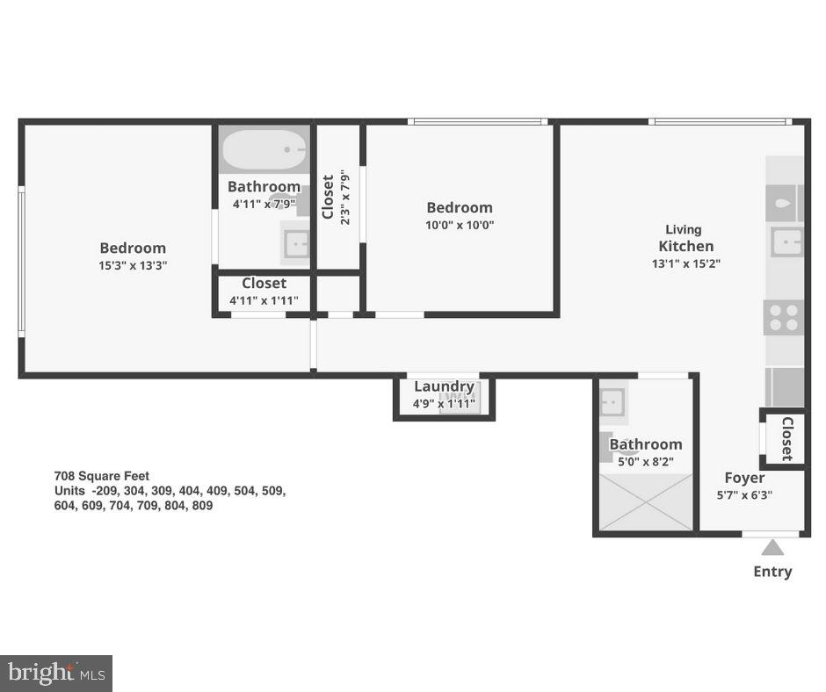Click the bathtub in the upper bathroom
pyautogui.click(x=264, y=150)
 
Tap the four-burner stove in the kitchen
pyautogui.click(x=785, y=318)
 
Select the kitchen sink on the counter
pyautogui.click(x=786, y=241)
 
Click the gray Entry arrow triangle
pyautogui.click(x=772, y=548)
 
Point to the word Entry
pyautogui.click(x=772, y=572)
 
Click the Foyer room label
pyautogui.click(x=744, y=478)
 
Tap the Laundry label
pyautogui.click(x=444, y=386)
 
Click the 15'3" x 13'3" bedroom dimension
pyautogui.click(x=133, y=264)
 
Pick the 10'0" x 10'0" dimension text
pyautogui.click(x=460, y=224)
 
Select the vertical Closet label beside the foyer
pyautogui.click(x=786, y=438)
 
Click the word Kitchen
pyautogui.click(x=686, y=246)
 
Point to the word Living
pyautogui.click(x=683, y=230)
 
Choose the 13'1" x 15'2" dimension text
pyautogui.click(x=686, y=263)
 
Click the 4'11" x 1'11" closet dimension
pyautogui.click(x=264, y=299)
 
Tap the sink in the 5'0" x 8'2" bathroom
pyautogui.click(x=612, y=402)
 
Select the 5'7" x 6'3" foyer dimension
pyautogui.click(x=744, y=494)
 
